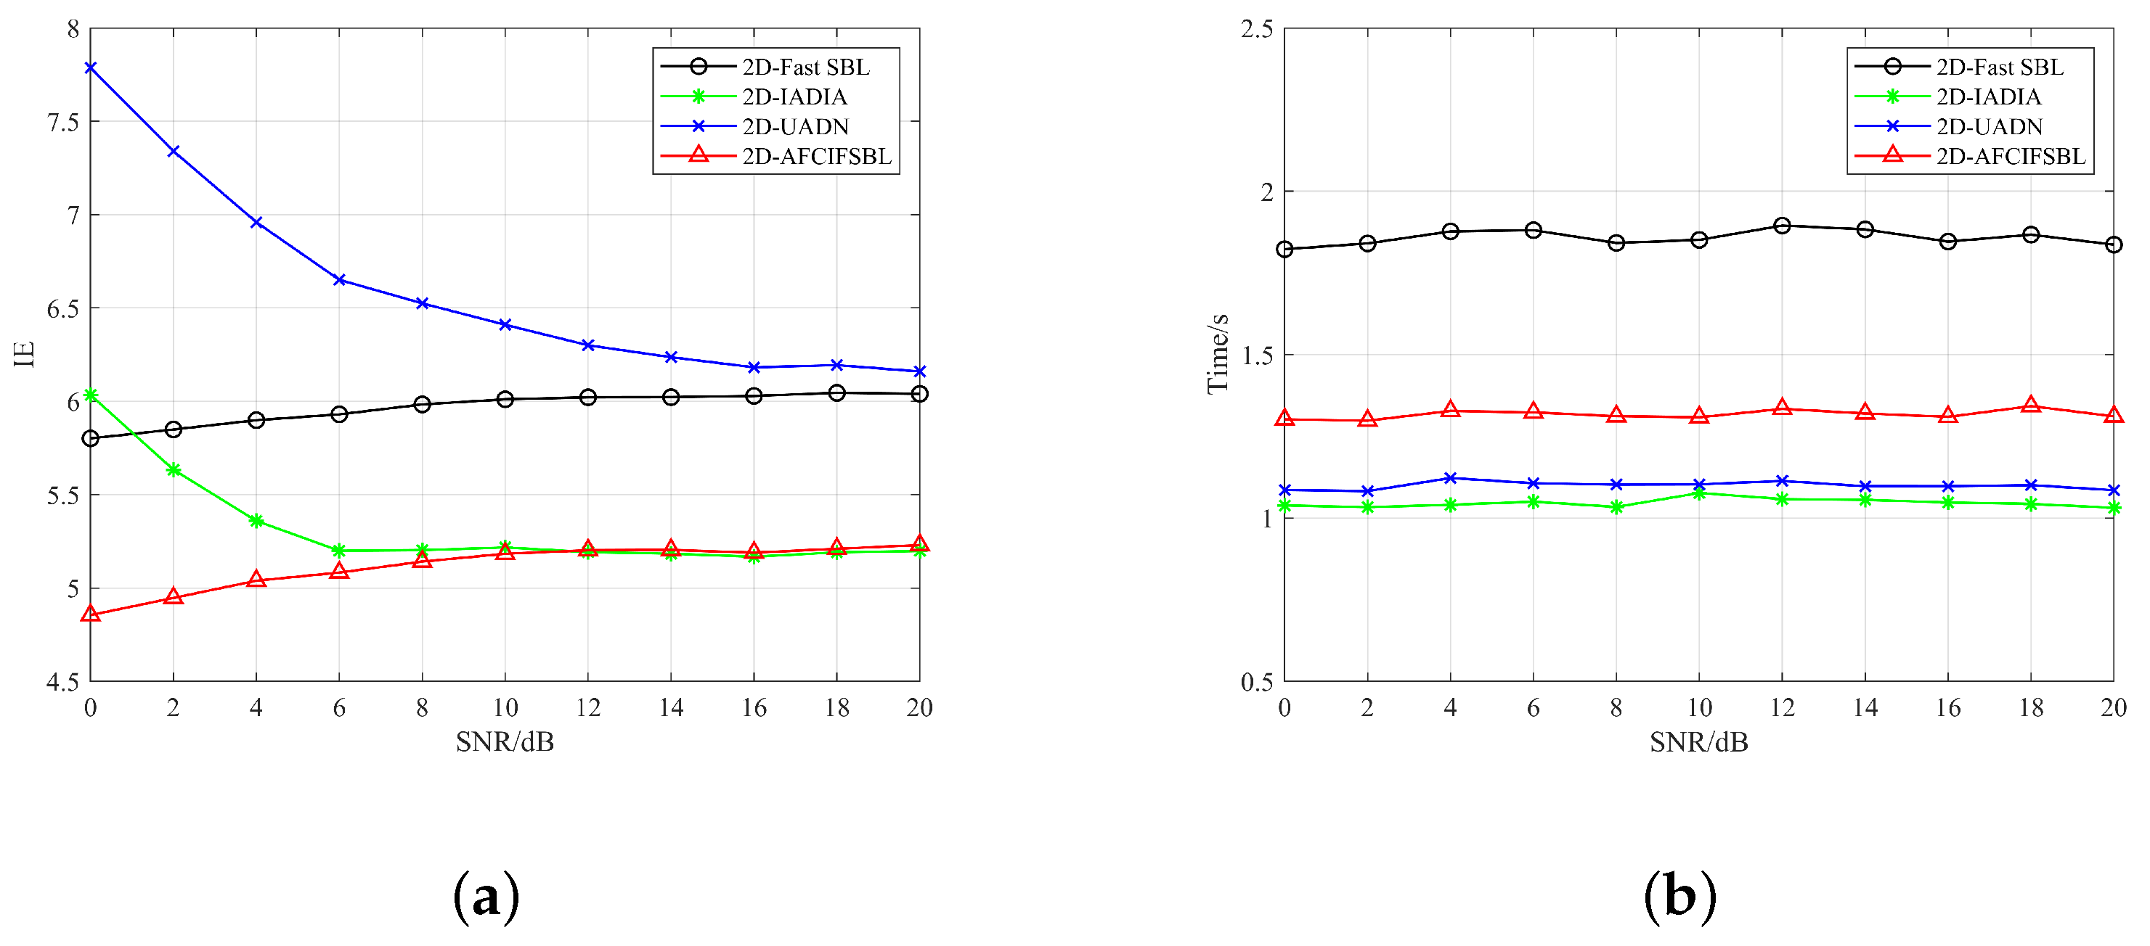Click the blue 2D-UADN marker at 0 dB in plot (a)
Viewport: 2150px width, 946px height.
click(91, 67)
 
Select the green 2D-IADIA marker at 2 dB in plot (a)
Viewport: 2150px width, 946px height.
click(174, 469)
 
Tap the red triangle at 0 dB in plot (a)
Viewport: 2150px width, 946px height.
click(91, 614)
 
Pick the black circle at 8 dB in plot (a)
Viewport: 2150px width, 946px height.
click(423, 405)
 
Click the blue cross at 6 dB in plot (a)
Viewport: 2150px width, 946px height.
click(340, 280)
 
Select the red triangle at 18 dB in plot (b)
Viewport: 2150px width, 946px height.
click(2031, 406)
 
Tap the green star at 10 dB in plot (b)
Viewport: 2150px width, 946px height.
click(1698, 494)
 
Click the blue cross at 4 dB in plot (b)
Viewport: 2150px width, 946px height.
click(1451, 478)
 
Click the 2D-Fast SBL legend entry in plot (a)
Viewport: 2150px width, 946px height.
click(805, 67)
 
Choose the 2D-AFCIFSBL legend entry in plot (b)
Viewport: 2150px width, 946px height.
click(2011, 156)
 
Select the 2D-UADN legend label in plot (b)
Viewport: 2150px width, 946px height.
click(1989, 127)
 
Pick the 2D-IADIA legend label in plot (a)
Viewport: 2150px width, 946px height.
click(794, 96)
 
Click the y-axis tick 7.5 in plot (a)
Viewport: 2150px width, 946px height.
click(62, 123)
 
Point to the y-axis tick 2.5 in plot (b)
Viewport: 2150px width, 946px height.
click(1257, 29)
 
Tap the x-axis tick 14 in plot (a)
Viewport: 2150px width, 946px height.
click(671, 707)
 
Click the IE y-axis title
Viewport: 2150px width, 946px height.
click(25, 354)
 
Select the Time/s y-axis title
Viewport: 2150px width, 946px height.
click(1218, 354)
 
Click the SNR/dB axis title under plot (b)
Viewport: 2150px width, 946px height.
click(1698, 741)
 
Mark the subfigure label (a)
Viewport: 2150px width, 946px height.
click(486, 897)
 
